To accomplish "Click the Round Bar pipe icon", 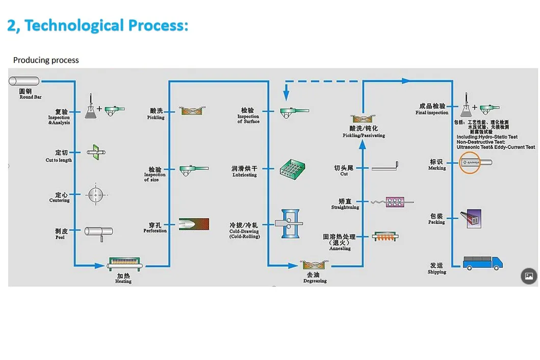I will click(x=24, y=81).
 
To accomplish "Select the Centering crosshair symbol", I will click(x=95, y=195).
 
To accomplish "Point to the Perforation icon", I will click(x=194, y=224).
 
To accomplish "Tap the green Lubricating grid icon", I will click(x=292, y=169).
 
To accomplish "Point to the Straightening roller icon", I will click(x=392, y=202).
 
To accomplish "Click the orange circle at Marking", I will click(x=470, y=163).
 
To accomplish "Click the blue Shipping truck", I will click(x=482, y=263).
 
